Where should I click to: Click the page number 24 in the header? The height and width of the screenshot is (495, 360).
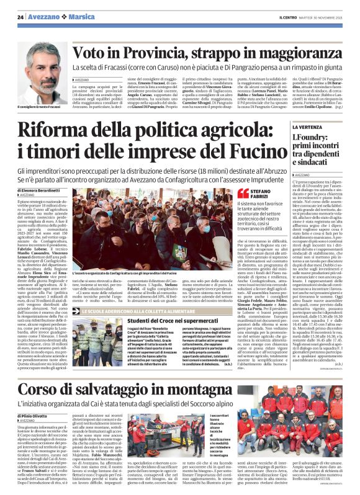[20, 17]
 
